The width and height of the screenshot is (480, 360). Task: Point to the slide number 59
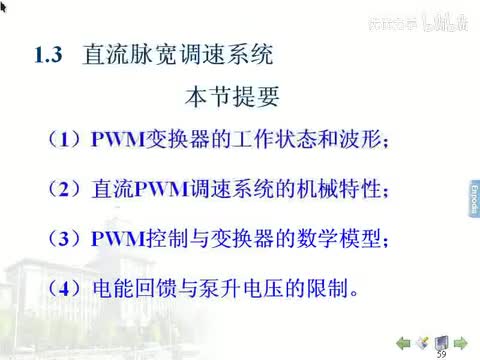coord(441,353)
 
